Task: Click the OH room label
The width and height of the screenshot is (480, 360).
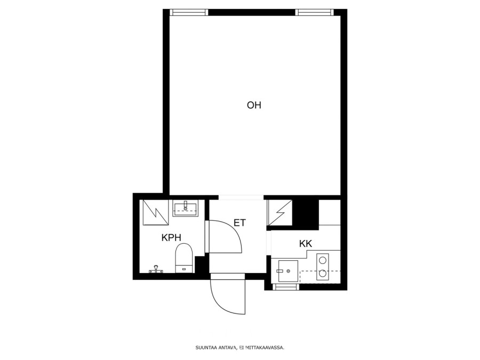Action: coord(254,105)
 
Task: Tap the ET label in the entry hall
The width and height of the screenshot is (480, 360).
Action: coord(239,222)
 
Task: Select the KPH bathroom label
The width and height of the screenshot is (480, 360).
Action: coord(171,237)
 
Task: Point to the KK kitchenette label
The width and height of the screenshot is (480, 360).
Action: coord(306,244)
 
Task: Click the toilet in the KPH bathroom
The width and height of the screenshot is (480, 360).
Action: coord(184,258)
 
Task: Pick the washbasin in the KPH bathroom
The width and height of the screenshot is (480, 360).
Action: coord(186,208)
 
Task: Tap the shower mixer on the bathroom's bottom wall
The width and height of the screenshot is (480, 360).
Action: coord(156,269)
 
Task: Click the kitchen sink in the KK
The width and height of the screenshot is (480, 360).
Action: coord(288,271)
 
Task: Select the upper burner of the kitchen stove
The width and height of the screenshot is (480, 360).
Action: coord(323,260)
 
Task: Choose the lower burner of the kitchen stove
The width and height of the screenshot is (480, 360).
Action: coord(323,274)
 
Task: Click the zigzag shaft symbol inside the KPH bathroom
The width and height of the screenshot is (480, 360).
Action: coord(156,212)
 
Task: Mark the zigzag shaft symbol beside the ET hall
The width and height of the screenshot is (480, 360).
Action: coord(280,212)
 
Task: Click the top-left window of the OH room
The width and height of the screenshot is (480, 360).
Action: coord(189,12)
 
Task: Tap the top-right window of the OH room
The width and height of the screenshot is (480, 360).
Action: coord(315,12)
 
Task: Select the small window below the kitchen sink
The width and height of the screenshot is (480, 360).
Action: coord(286,287)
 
